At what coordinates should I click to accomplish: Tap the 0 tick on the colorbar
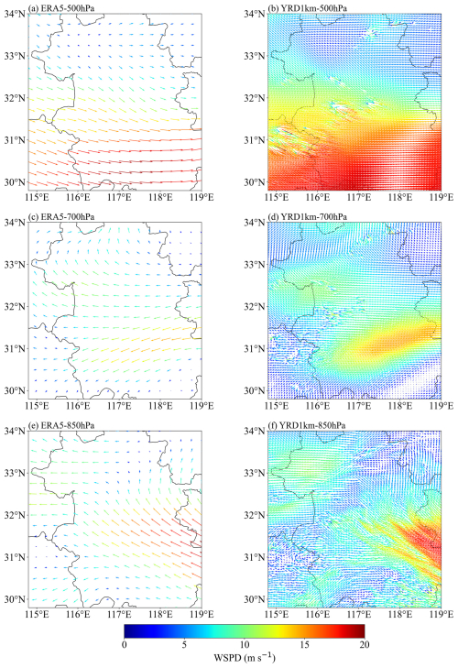point(124,644)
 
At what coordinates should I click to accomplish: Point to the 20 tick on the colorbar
point(364,644)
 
